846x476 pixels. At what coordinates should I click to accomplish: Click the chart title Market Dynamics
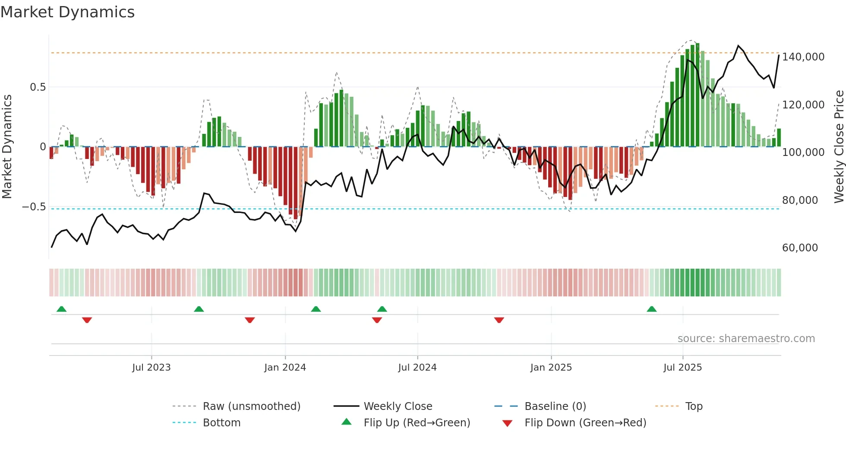tap(67, 12)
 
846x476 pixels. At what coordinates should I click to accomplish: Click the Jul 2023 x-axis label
tap(152, 368)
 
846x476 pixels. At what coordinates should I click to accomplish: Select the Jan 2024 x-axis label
tap(285, 368)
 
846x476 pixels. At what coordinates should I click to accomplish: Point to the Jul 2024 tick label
tap(417, 368)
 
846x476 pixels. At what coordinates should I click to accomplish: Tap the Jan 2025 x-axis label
tap(551, 368)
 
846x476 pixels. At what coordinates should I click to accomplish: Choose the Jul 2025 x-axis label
tap(683, 368)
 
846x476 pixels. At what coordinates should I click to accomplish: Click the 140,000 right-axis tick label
tap(803, 57)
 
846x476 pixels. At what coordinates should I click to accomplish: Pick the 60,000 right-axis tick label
tap(800, 248)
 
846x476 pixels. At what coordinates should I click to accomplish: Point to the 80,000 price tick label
tap(800, 200)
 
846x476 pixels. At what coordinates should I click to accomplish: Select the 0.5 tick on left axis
tap(38, 87)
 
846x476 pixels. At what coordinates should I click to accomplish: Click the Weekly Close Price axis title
tap(839, 146)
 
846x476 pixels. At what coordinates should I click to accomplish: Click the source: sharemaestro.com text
tap(746, 339)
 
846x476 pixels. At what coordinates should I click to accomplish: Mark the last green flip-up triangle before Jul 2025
tap(652, 309)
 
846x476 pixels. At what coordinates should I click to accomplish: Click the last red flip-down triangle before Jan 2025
tap(499, 320)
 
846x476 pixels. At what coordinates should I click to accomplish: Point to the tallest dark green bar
tap(698, 95)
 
